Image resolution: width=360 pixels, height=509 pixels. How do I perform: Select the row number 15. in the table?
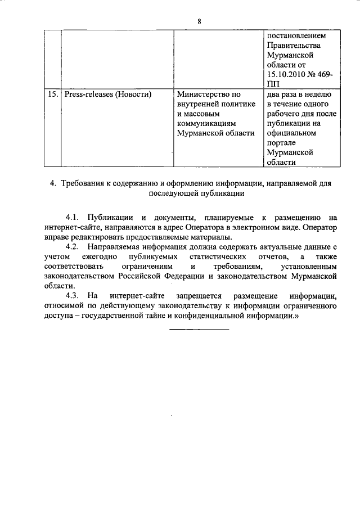[x=52, y=94]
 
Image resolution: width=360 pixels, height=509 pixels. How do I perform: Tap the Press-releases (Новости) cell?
[x=108, y=94]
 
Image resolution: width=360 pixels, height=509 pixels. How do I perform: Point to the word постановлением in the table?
[x=296, y=35]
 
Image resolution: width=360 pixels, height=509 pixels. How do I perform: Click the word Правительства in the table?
[x=294, y=46]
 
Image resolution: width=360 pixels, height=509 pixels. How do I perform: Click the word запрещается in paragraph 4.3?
[x=199, y=295]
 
